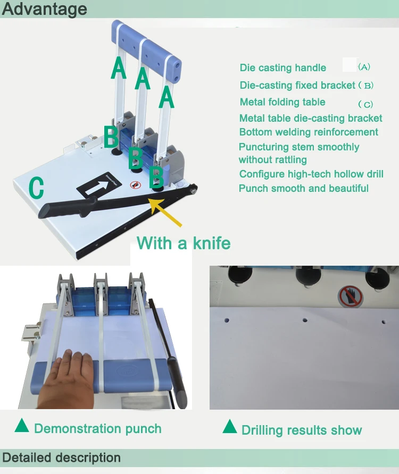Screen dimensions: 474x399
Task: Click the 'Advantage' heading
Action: pos(44,9)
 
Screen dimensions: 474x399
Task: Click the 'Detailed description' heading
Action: pos(61,458)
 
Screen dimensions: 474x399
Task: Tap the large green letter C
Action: pos(36,188)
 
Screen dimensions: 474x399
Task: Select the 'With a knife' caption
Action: pos(184,243)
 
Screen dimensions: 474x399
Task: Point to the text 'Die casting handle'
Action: pos(282,67)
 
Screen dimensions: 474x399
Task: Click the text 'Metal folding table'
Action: pos(282,102)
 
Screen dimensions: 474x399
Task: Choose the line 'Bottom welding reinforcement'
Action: pos(309,132)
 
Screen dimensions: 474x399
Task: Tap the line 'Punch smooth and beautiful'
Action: pos(303,188)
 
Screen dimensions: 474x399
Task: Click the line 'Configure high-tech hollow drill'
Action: pos(311,174)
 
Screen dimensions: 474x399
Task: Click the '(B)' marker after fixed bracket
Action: pos(367,86)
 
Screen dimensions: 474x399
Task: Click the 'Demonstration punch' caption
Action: pos(97,428)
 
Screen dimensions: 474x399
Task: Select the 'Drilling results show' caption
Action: pos(302,430)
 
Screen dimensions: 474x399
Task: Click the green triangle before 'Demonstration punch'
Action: pos(22,426)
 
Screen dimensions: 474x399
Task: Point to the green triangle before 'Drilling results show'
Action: pos(230,426)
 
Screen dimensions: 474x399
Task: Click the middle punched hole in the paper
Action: pos(305,320)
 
